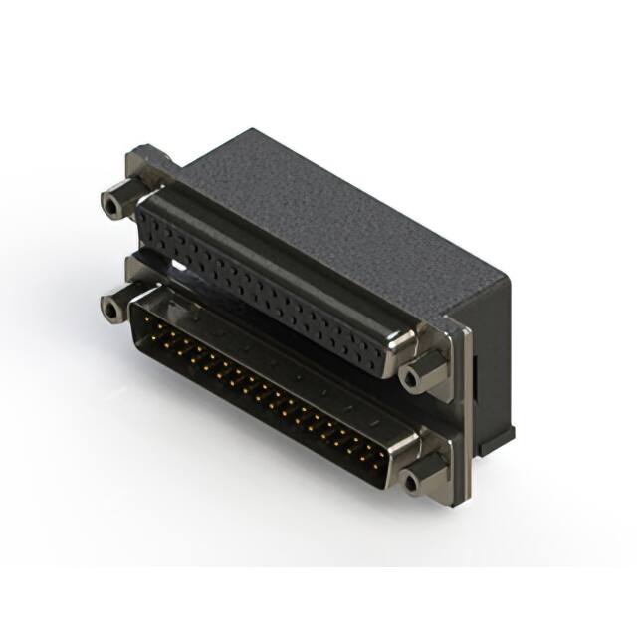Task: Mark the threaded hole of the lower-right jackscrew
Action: [x=409, y=483]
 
